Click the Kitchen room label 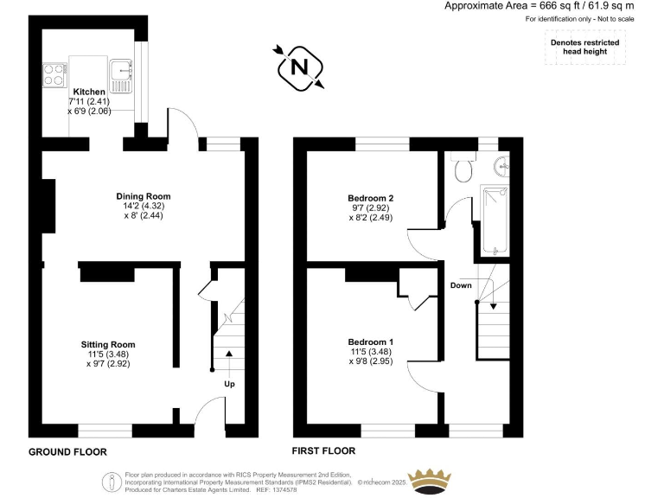tap(89, 92)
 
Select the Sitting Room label tap(109, 344)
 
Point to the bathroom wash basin tap(501, 163)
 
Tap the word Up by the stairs tap(229, 384)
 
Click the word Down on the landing tap(461, 284)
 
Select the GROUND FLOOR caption tap(67, 452)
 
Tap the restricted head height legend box tap(584, 47)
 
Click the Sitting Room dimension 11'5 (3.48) tap(109, 354)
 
